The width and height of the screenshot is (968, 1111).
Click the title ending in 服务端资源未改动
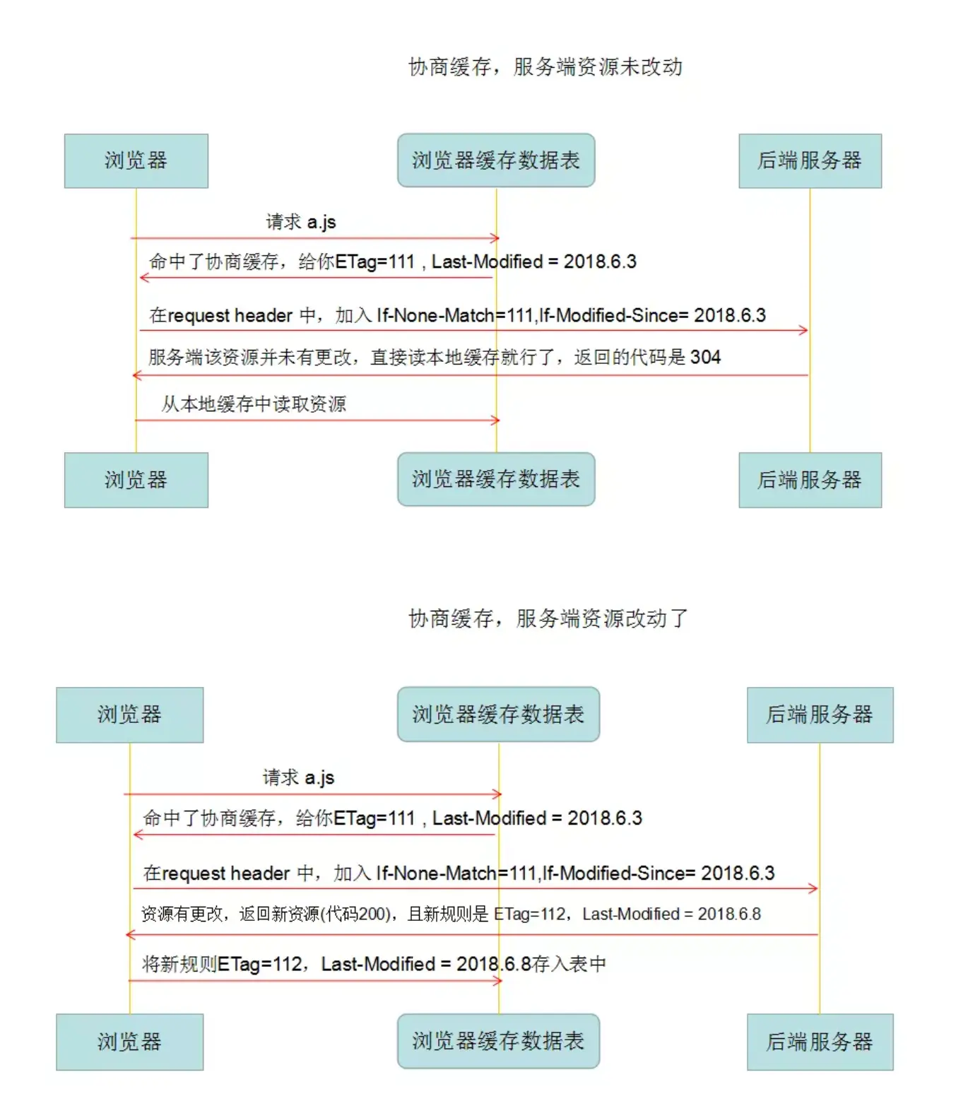tap(545, 67)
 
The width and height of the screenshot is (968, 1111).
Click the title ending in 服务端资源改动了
tap(548, 618)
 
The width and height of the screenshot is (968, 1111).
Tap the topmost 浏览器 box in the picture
tap(136, 161)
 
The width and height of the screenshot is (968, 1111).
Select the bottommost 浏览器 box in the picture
tap(129, 1042)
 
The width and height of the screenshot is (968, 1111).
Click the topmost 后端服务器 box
tap(810, 161)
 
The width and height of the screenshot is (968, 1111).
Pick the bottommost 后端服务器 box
tap(820, 1042)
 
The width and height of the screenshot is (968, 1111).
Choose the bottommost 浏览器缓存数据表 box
tap(498, 1041)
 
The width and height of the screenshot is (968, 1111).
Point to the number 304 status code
tap(705, 358)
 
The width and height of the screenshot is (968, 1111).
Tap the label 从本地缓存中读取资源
tap(254, 404)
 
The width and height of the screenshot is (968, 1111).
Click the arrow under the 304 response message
tap(470, 375)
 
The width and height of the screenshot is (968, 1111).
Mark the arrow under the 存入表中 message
tap(314, 981)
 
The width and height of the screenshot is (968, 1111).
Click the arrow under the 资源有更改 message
tap(471, 934)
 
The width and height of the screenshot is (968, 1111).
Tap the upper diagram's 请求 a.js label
tap(300, 223)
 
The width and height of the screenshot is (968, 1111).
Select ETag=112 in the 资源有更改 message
tap(531, 915)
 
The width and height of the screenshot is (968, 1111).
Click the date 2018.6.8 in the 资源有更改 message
tap(729, 915)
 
